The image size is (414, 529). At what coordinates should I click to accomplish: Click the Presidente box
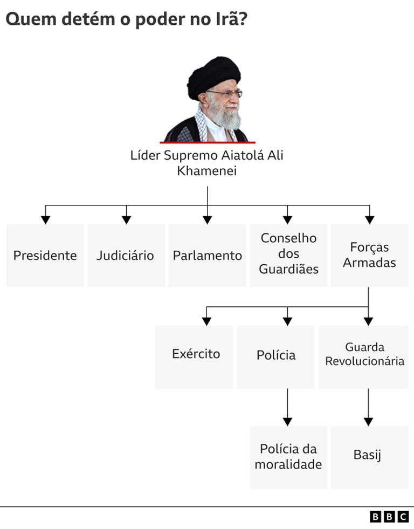coord(45,255)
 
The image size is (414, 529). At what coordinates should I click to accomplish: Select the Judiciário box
coord(126,255)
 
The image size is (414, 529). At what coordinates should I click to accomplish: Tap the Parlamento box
coord(207,255)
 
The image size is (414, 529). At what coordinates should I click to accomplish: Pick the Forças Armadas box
coord(369,255)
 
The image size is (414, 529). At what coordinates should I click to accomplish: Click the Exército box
coord(195,356)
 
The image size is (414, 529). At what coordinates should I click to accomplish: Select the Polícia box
coord(275,356)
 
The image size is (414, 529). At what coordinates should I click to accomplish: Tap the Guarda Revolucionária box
coord(364,356)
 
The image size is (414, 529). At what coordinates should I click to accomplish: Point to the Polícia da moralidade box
coord(288,457)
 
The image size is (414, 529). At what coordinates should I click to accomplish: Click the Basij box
coord(369,457)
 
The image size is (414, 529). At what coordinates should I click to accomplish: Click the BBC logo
coord(389,517)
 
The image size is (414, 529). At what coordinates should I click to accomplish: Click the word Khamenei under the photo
coord(207,171)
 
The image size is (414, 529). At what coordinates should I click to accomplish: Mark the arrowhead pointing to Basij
coord(369,421)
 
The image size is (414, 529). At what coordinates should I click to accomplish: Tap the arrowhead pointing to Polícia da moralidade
coord(288,421)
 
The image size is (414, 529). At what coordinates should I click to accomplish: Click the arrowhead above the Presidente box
coord(46,219)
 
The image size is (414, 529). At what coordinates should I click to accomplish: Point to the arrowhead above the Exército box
coord(206,321)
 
